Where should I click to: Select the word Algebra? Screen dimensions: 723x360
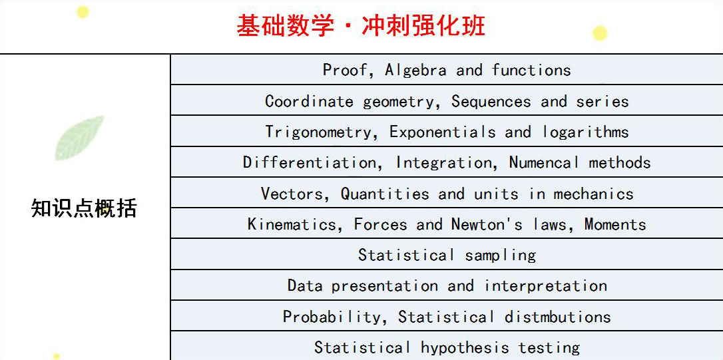click(415, 70)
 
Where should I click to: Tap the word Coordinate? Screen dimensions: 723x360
click(309, 101)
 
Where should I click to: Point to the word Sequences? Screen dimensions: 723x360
click(491, 102)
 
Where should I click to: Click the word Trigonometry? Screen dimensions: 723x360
click(318, 132)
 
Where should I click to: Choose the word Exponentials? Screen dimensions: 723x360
click(442, 132)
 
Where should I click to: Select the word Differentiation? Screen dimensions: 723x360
click(310, 163)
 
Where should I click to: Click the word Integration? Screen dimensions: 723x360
click(443, 163)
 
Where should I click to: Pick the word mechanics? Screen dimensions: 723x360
click(593, 194)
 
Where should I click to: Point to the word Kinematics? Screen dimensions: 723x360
click(292, 224)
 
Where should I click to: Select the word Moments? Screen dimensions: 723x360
click(615, 224)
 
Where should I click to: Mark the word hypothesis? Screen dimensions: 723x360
click(465, 347)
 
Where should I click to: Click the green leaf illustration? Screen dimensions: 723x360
click(79, 138)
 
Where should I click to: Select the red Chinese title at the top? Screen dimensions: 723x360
click(361, 26)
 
